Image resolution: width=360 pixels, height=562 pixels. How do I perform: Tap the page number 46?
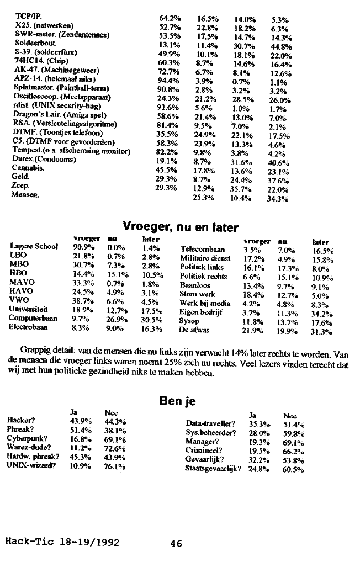[176, 543]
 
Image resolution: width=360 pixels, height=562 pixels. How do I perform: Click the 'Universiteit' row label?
[29, 310]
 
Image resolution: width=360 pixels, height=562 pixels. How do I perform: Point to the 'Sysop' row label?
[189, 321]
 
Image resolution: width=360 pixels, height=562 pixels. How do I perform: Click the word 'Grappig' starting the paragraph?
[35, 351]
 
